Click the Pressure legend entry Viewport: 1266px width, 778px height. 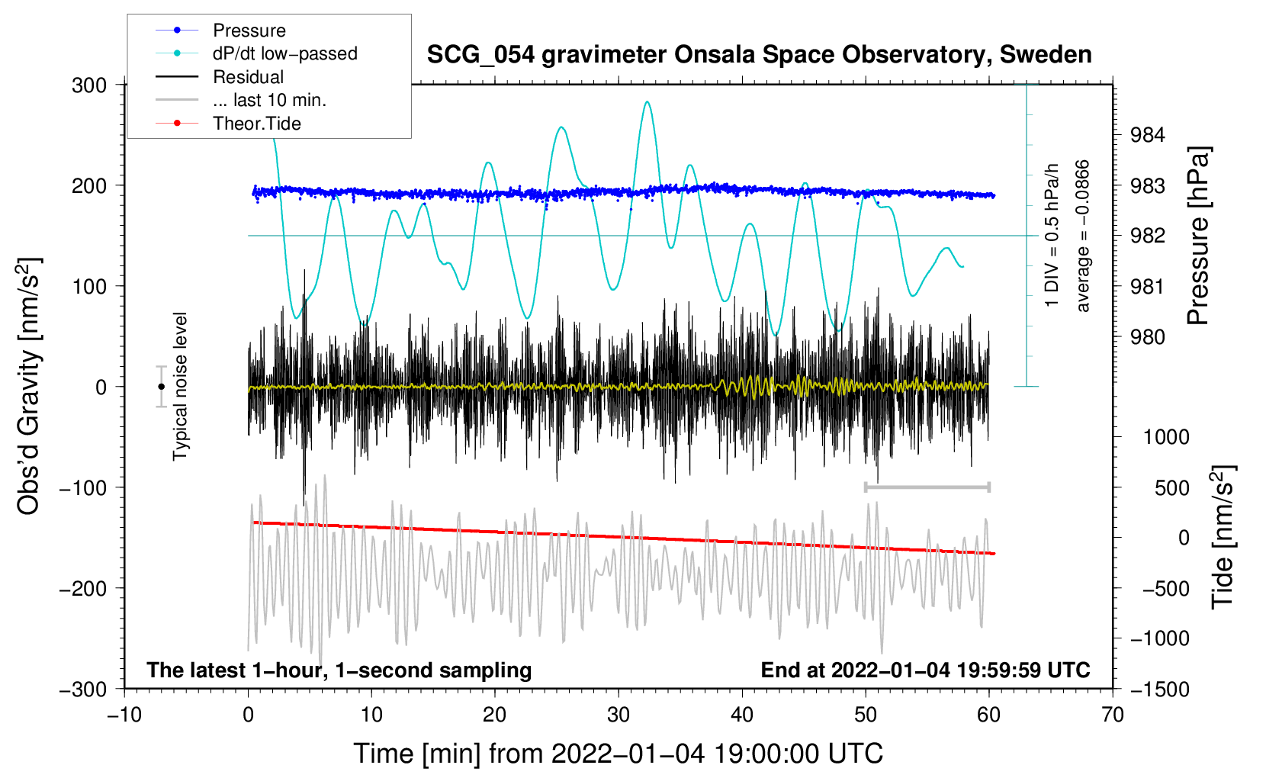[249, 31]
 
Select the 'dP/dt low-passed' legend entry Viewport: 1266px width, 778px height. [284, 53]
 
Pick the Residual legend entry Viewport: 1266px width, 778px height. [248, 77]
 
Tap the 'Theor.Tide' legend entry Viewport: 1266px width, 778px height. [256, 124]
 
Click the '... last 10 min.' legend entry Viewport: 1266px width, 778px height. [269, 100]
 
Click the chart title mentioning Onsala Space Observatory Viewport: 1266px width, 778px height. [759, 55]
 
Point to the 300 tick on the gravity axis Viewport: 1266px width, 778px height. [89, 85]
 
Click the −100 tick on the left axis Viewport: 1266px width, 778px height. [83, 487]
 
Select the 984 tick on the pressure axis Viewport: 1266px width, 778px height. [1148, 136]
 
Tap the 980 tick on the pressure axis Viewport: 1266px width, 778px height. [1148, 337]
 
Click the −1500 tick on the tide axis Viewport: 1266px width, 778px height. [1159, 690]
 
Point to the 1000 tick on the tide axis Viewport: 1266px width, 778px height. [1166, 437]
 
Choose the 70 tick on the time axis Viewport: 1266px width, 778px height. [1113, 715]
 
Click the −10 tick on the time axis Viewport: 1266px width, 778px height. [124, 715]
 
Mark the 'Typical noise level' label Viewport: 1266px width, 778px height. [180, 386]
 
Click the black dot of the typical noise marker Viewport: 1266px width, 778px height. [161, 387]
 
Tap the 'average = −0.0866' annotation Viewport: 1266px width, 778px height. [1083, 236]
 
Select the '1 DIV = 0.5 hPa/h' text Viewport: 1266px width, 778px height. [1052, 235]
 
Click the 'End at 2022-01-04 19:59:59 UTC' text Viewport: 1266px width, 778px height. [925, 670]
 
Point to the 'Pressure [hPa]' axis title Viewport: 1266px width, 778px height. [1198, 236]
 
